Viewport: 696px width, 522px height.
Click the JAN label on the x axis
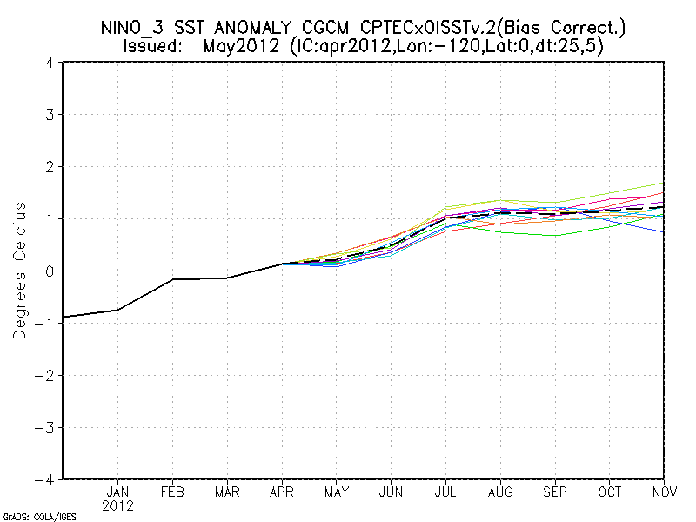(x=117, y=492)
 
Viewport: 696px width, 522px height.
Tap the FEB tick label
(x=173, y=492)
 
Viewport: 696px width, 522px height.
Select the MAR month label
(x=227, y=492)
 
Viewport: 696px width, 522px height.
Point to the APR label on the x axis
(x=282, y=492)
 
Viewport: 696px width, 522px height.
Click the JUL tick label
(x=446, y=492)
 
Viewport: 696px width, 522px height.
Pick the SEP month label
(x=555, y=492)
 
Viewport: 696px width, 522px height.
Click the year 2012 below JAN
(x=117, y=505)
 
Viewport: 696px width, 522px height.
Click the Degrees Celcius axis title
(x=20, y=271)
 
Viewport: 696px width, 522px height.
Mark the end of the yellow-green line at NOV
(x=665, y=184)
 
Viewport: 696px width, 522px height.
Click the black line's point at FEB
(x=173, y=279)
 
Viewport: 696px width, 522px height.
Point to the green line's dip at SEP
(x=555, y=236)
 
